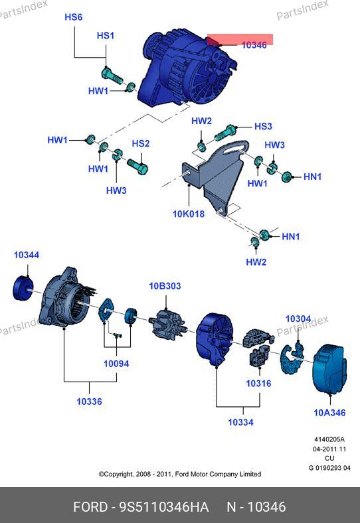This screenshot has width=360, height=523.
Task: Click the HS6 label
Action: pos(73,17)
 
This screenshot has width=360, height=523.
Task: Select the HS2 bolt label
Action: pos(141,143)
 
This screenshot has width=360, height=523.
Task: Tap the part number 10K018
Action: pos(189,214)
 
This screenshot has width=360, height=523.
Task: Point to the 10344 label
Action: pos(27,255)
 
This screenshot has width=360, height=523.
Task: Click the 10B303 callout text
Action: pos(165,286)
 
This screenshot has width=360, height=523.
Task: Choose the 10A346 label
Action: pos(329,413)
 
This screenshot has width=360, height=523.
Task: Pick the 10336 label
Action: pos(89,402)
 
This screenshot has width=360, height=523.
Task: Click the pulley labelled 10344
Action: pos(23,288)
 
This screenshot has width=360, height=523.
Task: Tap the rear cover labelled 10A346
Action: pos(329,369)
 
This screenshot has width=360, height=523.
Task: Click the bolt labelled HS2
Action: pos(137,166)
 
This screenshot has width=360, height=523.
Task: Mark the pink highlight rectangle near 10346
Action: pos(240,39)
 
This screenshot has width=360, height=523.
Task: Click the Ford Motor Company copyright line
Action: pos(179,474)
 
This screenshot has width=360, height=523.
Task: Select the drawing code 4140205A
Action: pos(329,439)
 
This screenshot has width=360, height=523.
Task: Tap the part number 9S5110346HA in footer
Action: pos(164,507)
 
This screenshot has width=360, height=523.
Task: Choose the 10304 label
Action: pos(298,319)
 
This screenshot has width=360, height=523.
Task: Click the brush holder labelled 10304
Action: pos(292,358)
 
